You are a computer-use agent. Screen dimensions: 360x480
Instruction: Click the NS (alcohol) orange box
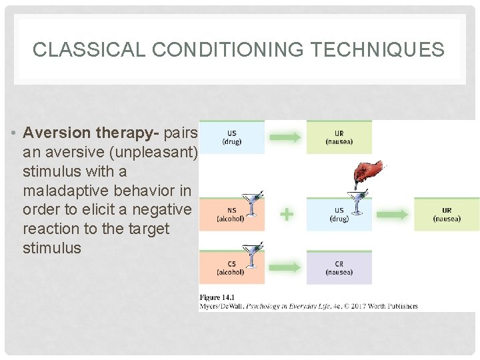point(231,214)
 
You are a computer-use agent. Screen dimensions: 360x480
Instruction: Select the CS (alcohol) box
point(231,267)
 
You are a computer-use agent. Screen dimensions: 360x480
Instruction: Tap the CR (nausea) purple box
point(339,267)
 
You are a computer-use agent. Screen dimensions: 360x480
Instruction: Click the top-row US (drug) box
point(232,137)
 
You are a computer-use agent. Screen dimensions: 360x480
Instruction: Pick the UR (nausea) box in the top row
point(339,137)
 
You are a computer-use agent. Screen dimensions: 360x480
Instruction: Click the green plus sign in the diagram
point(285,215)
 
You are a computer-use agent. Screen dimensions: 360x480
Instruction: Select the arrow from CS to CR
point(285,267)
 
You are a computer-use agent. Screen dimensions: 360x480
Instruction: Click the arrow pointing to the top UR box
point(285,137)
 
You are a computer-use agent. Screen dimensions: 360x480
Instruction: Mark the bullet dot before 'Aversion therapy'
point(13,133)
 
